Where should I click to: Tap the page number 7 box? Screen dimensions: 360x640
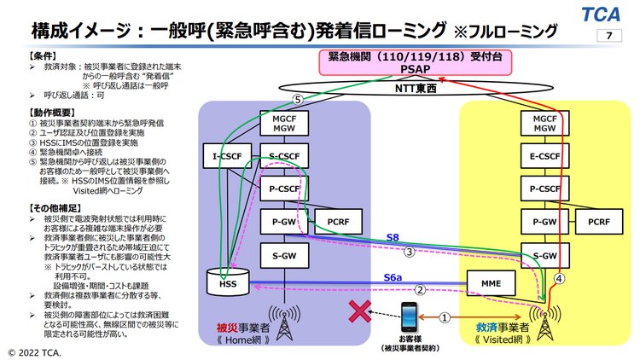[x=608, y=36]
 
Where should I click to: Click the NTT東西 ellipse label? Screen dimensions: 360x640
[x=414, y=89]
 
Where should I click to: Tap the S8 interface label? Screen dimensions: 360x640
[x=392, y=237]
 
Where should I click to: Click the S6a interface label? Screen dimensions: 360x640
[x=392, y=277]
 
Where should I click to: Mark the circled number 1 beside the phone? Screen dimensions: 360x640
[x=445, y=317]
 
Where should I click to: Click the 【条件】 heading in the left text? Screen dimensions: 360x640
[x=21, y=55]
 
